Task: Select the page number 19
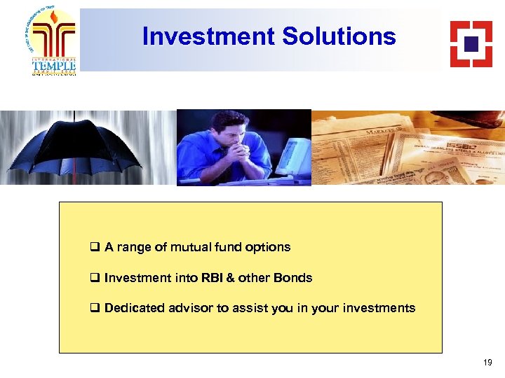click(487, 363)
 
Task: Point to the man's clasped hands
click(236, 149)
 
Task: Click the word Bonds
click(294, 278)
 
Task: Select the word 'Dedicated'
click(135, 308)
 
